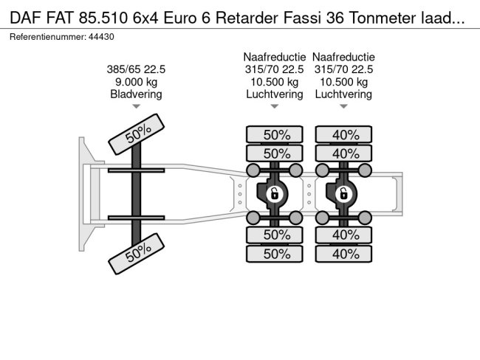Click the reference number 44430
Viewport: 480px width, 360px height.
coord(101,37)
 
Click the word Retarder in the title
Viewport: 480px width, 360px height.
coord(247,18)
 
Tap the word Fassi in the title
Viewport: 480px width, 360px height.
coord(302,18)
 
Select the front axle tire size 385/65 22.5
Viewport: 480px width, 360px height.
coord(136,69)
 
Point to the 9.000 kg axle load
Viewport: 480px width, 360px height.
coord(136,82)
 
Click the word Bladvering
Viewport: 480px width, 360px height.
coord(136,94)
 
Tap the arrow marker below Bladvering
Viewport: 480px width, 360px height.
coord(136,106)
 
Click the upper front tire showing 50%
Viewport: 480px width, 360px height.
coord(137,134)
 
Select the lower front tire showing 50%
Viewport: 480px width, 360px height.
coord(137,254)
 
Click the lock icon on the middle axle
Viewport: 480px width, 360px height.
coord(274,193)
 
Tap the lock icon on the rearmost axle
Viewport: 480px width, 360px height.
coord(343,193)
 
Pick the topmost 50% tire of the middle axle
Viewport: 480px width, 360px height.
coord(275,134)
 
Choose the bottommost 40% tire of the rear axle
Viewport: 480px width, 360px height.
coord(344,254)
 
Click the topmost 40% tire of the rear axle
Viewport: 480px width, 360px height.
coord(344,134)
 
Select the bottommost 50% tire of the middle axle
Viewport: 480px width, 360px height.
coord(275,254)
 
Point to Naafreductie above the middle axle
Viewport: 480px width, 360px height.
coord(275,58)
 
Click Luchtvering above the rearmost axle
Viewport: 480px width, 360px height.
coord(343,94)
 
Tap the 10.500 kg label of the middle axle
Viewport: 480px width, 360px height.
coord(275,82)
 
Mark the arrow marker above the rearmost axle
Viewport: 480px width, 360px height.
coord(343,106)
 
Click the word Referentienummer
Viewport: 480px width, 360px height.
coord(48,37)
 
